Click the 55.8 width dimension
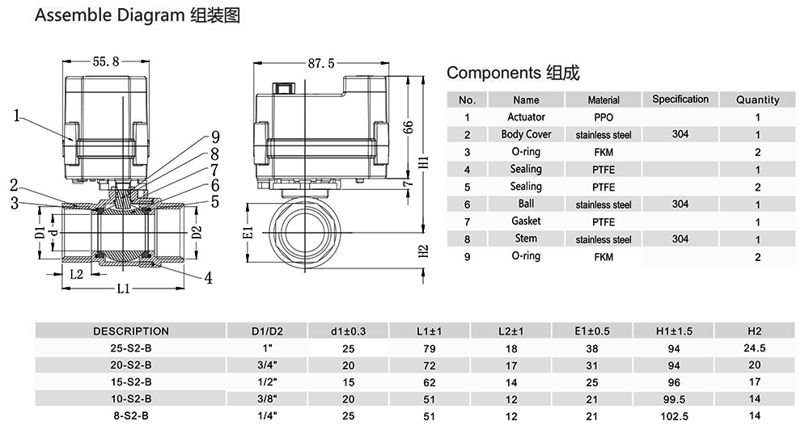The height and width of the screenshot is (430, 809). coord(107,61)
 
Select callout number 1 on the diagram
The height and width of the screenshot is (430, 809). coord(17,116)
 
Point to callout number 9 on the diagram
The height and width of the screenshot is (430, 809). coord(215,137)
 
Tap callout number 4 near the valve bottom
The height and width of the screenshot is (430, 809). coord(209,278)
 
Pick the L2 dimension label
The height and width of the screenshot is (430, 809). coord(77,274)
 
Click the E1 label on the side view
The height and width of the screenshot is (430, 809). coord(248,233)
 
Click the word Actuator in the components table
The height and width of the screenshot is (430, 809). coord(526,117)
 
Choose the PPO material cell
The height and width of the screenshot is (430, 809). coord(604,117)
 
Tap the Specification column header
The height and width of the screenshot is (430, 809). coord(680,99)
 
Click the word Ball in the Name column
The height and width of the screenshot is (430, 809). coord(526,204)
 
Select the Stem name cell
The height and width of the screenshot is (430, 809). coord(526,238)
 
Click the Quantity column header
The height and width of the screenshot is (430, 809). coord(757,100)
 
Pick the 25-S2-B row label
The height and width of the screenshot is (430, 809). coord(131,348)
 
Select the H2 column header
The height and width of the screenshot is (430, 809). coord(755,331)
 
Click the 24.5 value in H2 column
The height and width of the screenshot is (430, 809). coord(755,348)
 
